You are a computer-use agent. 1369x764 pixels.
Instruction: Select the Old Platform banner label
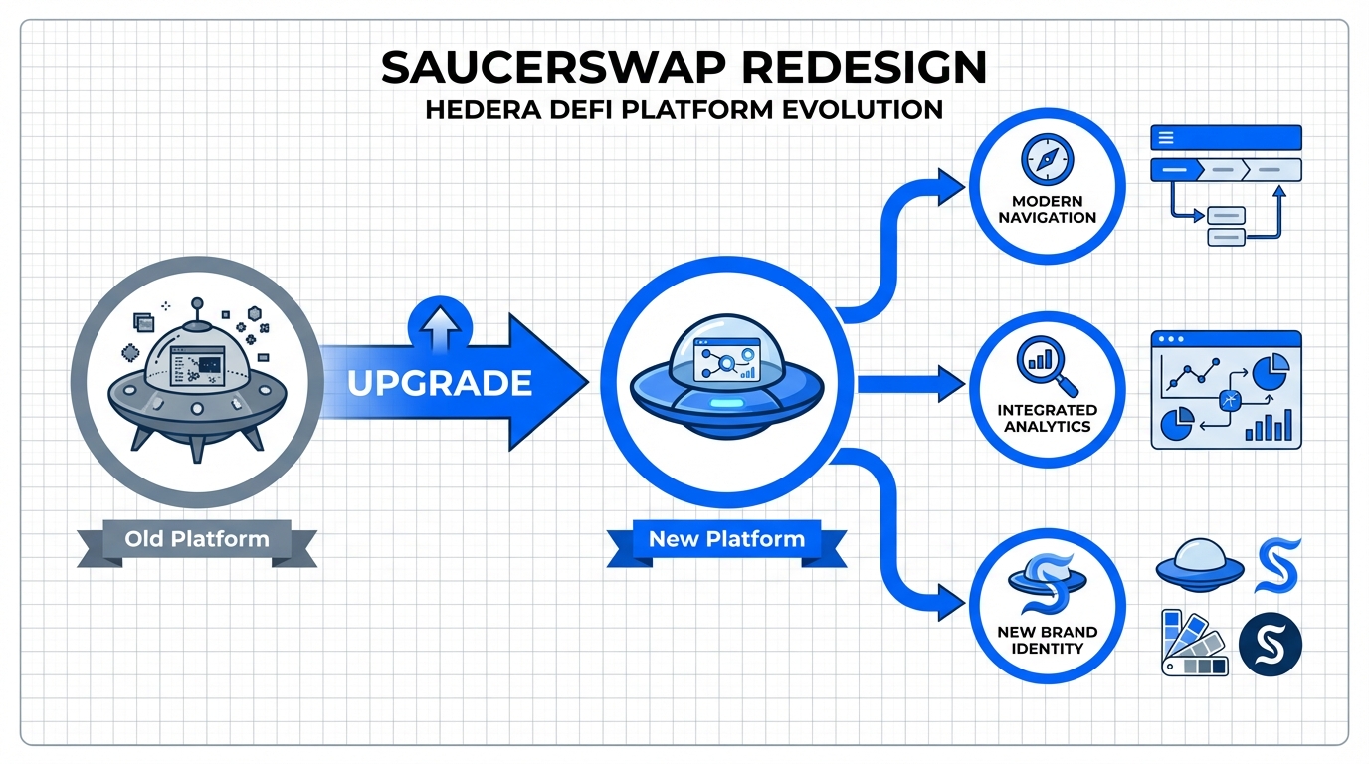(x=197, y=540)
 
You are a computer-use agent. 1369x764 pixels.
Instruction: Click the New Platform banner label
(x=726, y=540)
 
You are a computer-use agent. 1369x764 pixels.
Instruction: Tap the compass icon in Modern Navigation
(x=1047, y=157)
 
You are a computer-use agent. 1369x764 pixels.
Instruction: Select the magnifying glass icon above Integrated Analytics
(x=1044, y=366)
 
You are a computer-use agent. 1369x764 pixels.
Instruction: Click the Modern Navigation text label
(x=1047, y=209)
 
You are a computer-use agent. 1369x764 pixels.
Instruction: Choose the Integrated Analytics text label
(x=1047, y=418)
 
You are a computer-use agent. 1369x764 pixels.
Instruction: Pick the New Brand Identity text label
(x=1047, y=640)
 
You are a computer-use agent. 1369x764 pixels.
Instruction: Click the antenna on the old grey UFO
(x=197, y=306)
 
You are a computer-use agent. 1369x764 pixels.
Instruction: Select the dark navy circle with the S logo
(x=1271, y=644)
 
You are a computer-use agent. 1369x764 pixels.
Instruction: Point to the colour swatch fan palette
(x=1193, y=645)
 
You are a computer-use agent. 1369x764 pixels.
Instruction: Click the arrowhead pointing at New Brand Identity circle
(x=953, y=600)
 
